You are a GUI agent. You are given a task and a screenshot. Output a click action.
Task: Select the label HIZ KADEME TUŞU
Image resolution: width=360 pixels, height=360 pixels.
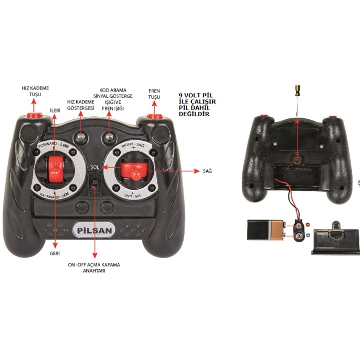[35, 92]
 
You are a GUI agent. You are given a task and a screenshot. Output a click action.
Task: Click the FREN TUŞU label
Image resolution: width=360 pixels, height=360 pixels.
[154, 94]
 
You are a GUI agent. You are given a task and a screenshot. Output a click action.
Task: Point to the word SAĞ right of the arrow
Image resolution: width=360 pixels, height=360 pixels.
[207, 171]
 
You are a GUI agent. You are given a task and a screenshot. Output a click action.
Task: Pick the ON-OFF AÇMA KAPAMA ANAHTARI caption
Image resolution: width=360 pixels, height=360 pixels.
[94, 267]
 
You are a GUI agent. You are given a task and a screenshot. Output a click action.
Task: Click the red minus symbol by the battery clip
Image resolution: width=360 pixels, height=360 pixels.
[308, 225]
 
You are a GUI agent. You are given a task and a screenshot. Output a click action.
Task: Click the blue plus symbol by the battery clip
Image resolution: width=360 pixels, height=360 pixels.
[308, 236]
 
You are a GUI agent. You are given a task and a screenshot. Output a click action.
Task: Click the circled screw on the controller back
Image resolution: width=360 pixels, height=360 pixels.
[297, 161]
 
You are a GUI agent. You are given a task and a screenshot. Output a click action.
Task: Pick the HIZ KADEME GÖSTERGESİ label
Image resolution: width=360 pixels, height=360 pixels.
[81, 105]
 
